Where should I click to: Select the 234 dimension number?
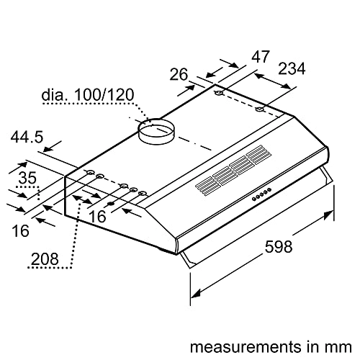click(x=291, y=69)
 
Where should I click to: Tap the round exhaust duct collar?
click(x=157, y=132)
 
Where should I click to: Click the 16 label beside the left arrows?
click(x=21, y=230)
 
